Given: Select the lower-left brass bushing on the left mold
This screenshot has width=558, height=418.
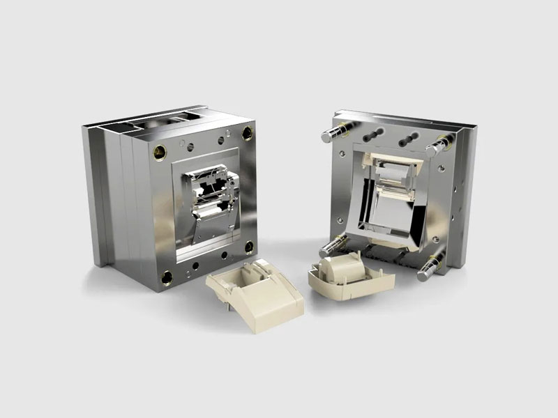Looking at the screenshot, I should [166, 279].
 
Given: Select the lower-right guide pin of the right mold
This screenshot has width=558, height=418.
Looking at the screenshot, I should [430, 268].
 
